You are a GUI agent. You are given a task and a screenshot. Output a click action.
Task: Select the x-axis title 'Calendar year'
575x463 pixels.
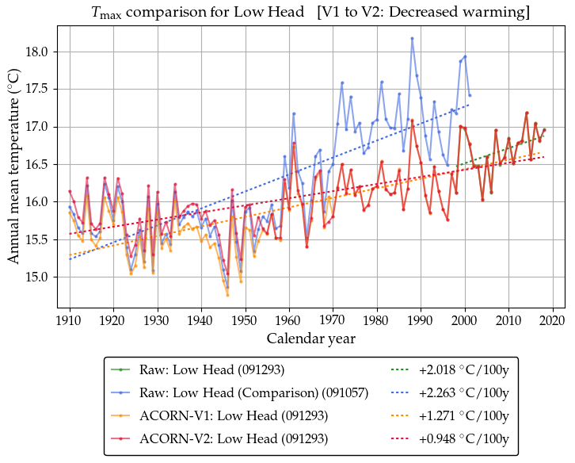310,339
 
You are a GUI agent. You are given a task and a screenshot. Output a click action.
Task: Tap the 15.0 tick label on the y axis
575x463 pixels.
37,277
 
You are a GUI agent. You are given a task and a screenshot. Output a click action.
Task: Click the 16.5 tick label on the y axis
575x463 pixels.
37,164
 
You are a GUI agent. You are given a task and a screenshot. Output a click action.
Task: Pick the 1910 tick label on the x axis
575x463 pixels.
70,320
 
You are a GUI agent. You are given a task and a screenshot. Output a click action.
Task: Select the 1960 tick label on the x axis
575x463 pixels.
289,320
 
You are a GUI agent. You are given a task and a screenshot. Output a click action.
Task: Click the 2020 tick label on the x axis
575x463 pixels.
552,320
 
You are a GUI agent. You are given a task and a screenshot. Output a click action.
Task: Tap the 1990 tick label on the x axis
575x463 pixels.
421,320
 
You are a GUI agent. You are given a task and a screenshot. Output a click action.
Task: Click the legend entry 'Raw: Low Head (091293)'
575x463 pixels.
211,369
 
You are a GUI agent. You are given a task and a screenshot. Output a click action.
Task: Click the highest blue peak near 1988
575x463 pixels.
412,38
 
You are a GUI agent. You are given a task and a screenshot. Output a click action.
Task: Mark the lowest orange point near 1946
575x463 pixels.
227,295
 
